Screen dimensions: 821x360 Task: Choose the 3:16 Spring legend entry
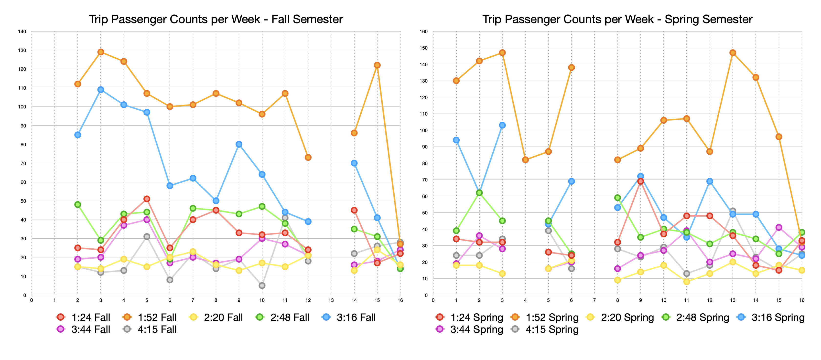[x=771, y=317]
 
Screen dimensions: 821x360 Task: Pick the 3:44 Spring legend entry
[x=469, y=329]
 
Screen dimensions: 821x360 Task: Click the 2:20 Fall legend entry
[x=216, y=317]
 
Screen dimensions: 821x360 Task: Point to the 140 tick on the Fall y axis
[x=22, y=32]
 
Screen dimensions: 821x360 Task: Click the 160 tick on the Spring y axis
[x=423, y=32]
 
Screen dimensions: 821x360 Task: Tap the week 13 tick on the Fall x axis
[x=331, y=300]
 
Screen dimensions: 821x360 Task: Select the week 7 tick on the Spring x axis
[x=594, y=300]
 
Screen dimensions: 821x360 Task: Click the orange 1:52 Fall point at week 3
[x=101, y=52]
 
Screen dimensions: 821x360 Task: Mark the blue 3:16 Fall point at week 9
[x=239, y=144]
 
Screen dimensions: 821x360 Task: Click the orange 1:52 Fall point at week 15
[x=377, y=65]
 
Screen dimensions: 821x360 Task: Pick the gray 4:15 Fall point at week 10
[x=262, y=286]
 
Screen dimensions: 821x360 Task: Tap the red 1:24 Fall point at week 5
[x=147, y=199]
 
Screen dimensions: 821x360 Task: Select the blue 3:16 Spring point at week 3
[x=502, y=125]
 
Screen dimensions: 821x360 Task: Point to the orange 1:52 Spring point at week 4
[x=525, y=160]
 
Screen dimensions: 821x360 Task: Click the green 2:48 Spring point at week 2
[x=479, y=193]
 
